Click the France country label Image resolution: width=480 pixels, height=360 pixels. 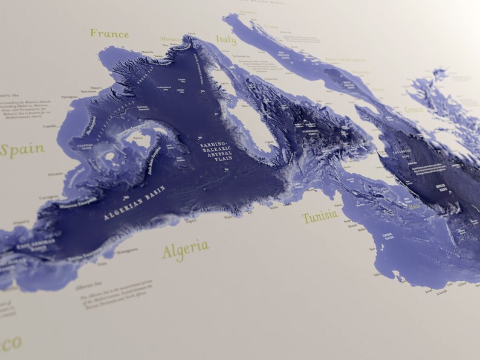coord(109,33)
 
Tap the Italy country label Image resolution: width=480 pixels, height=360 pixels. coord(226,40)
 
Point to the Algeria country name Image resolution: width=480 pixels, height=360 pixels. coord(185,248)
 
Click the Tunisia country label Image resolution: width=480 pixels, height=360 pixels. coord(320,217)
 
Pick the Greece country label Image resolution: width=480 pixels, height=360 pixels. coord(414,109)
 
